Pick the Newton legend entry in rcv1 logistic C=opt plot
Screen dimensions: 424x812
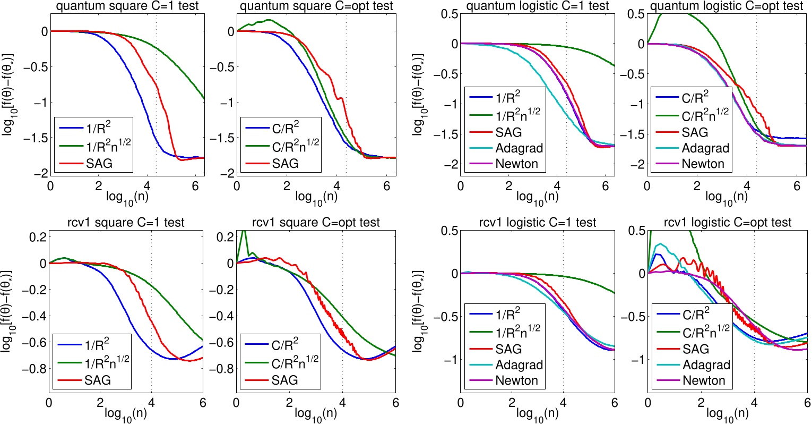point(703,380)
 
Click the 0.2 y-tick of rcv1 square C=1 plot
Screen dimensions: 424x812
point(36,236)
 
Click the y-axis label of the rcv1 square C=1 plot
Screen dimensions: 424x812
point(8,309)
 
